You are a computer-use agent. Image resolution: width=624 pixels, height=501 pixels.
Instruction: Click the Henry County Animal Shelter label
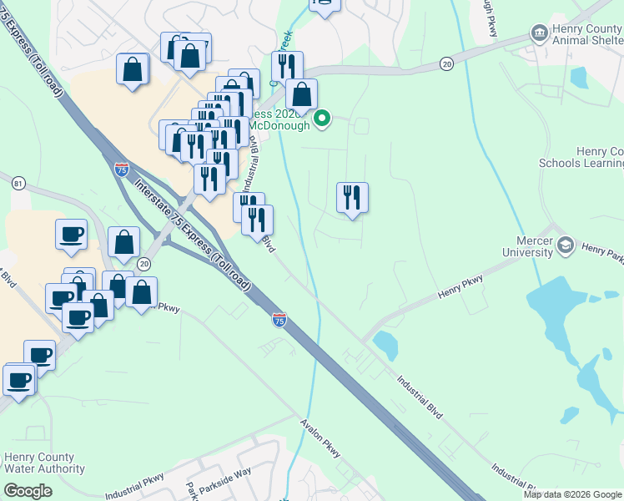pos(587,35)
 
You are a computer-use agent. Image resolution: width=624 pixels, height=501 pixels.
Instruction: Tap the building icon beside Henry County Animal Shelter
pos(539,33)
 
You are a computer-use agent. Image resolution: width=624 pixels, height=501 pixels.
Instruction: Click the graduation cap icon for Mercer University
pos(566,245)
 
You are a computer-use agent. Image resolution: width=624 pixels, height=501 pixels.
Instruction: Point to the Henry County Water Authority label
pos(38,463)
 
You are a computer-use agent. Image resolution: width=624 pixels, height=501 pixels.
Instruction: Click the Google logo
pos(28,492)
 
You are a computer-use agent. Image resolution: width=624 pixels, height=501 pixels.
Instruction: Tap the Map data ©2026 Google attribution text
pos(571,494)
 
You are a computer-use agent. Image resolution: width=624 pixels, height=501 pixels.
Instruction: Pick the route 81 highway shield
pos(18,183)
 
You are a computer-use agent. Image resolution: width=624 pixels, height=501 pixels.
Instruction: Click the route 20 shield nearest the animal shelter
pos(447,63)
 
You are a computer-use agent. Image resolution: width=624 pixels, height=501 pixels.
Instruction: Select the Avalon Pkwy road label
pos(321,438)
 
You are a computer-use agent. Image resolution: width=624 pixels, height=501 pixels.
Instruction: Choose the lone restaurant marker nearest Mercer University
pos(352,198)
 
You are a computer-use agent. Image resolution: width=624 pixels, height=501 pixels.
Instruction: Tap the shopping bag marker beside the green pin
pos(301,94)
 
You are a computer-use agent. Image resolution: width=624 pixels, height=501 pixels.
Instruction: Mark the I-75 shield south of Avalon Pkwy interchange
pos(279,319)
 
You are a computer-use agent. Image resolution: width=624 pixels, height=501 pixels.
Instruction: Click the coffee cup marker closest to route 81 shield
pos(71,234)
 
